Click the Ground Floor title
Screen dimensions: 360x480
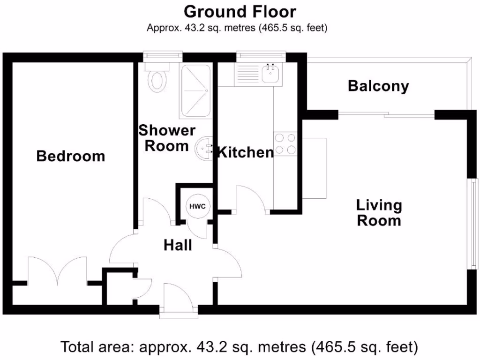pos(240,11)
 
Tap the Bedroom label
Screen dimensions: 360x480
pos(71,156)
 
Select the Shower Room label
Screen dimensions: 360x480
pos(166,138)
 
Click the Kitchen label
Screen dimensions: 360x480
pos(246,152)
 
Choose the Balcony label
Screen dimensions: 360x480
pos(378,86)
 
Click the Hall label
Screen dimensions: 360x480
pos(178,245)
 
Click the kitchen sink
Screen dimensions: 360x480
pos(270,74)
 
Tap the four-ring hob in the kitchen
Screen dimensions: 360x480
pos(285,144)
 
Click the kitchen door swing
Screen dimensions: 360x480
pos(251,199)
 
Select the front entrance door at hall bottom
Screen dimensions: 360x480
pos(178,298)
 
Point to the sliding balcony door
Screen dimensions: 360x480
pos(387,114)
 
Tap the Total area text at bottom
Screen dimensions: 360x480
pos(240,347)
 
